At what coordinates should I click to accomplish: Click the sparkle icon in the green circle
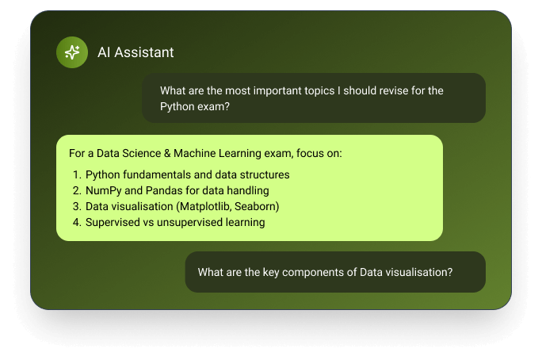pyautogui.click(x=72, y=52)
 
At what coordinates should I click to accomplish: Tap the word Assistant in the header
pyautogui.click(x=144, y=52)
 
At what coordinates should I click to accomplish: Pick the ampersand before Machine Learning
pyautogui.click(x=167, y=153)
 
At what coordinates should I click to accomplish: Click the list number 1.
pyautogui.click(x=77, y=174)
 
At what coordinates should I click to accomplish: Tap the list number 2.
pyautogui.click(x=77, y=190)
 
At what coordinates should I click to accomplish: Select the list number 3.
pyautogui.click(x=77, y=206)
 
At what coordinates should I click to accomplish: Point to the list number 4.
pyautogui.click(x=77, y=222)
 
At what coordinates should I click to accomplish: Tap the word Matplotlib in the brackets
pyautogui.click(x=205, y=206)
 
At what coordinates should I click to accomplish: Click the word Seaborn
pyautogui.click(x=254, y=206)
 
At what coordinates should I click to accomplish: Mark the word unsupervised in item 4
pyautogui.click(x=189, y=223)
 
